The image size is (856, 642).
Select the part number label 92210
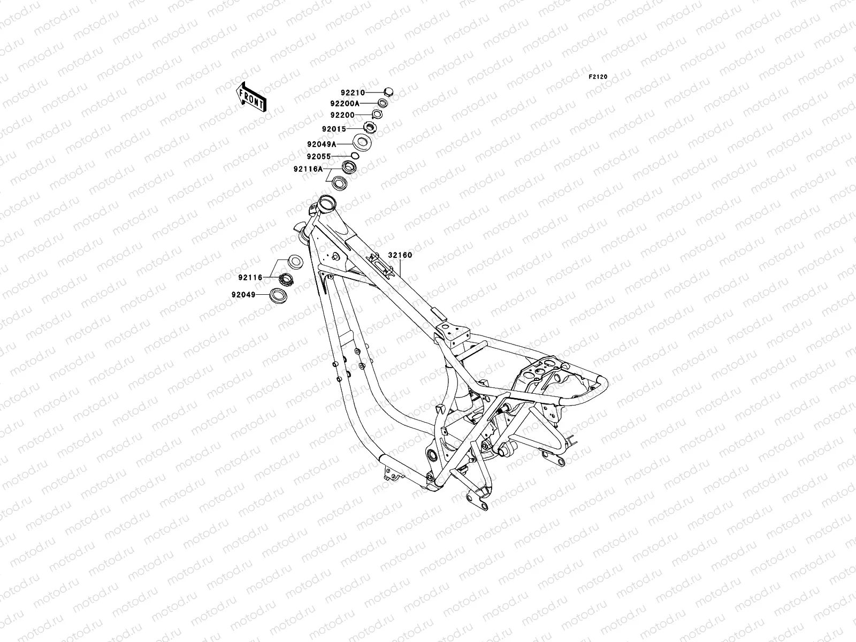tap(353, 93)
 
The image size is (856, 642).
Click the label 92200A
tap(360, 103)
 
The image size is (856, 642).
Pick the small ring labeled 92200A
tap(397, 103)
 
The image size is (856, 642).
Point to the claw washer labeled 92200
tap(378, 114)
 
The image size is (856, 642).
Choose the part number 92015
tap(349, 129)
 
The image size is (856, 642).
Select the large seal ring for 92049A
tap(362, 143)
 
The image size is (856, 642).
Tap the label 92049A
tap(322, 144)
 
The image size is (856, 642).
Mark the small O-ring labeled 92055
tap(354, 155)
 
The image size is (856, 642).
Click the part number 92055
tap(319, 157)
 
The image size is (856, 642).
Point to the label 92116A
tap(308, 169)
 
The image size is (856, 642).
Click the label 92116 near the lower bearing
tap(250, 277)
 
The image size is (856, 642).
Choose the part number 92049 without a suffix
tap(243, 295)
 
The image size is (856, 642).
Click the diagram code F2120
tap(598, 77)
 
